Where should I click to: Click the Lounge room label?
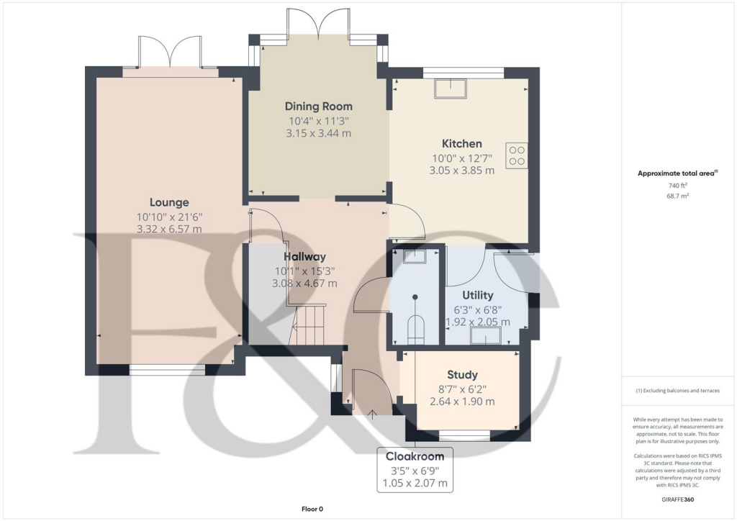pyautogui.click(x=169, y=202)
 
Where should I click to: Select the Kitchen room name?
pyautogui.click(x=461, y=143)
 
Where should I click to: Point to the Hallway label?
pyautogui.click(x=304, y=256)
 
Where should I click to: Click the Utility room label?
pyautogui.click(x=477, y=295)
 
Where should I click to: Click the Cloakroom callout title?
pyautogui.click(x=415, y=456)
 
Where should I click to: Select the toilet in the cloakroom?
pyautogui.click(x=416, y=328)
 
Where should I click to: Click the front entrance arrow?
pyautogui.click(x=372, y=413)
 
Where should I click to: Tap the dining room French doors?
pyautogui.click(x=317, y=22)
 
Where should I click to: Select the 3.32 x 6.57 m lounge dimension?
pyautogui.click(x=169, y=230)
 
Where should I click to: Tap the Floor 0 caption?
pyautogui.click(x=312, y=509)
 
